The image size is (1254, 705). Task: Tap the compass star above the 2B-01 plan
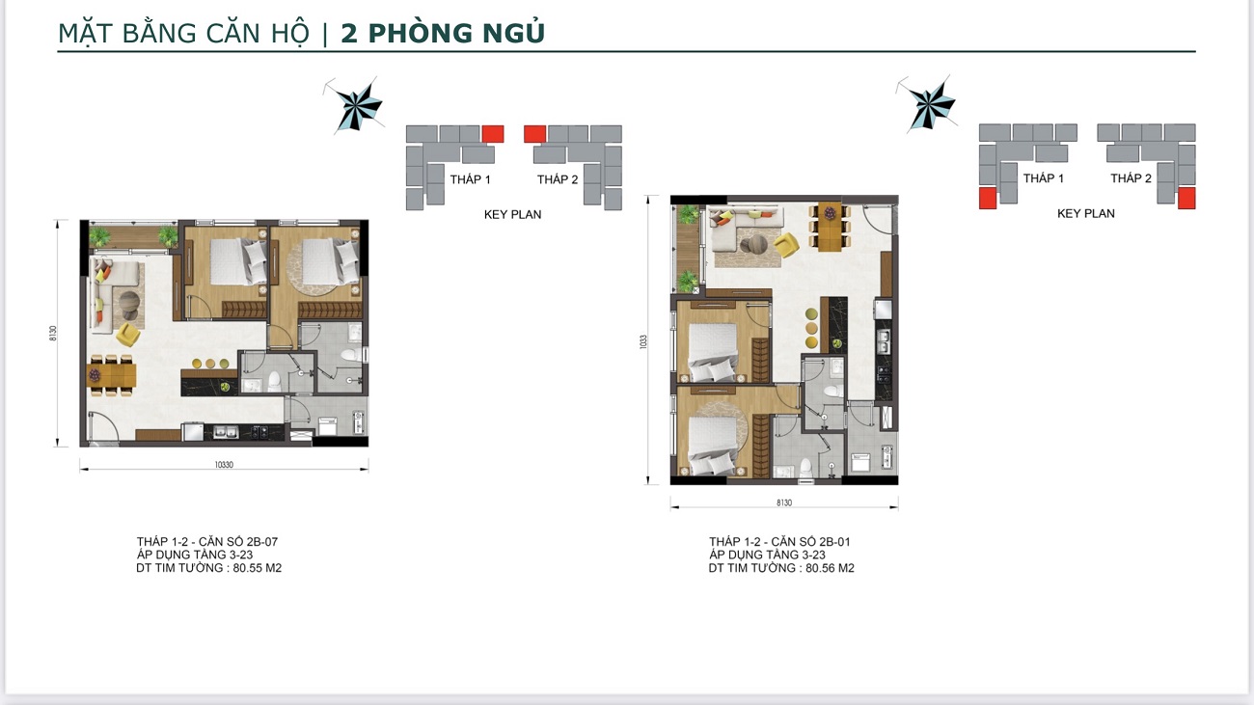tap(929, 103)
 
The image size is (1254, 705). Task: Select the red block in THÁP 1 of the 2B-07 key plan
tap(493, 134)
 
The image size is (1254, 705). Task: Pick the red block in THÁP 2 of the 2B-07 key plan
tap(534, 134)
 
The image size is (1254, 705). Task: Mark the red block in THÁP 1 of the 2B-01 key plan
tap(988, 199)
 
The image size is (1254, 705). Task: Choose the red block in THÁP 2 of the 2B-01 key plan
tap(1186, 199)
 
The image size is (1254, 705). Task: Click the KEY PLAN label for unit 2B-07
tap(512, 215)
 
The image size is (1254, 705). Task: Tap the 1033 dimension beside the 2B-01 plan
tap(643, 341)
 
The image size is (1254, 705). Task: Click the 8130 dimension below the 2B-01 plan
tap(783, 502)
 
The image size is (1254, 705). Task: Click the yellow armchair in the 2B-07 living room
tap(126, 334)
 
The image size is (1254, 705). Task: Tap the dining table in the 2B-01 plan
tap(829, 228)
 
